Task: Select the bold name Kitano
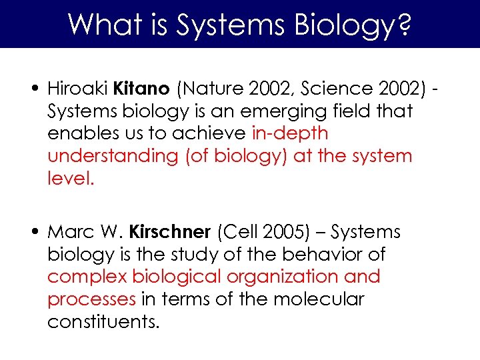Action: [x=141, y=88]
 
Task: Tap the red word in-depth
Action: [x=290, y=133]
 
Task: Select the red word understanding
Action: [x=107, y=157]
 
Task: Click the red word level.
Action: [x=71, y=179]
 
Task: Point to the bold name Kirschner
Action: [x=169, y=232]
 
